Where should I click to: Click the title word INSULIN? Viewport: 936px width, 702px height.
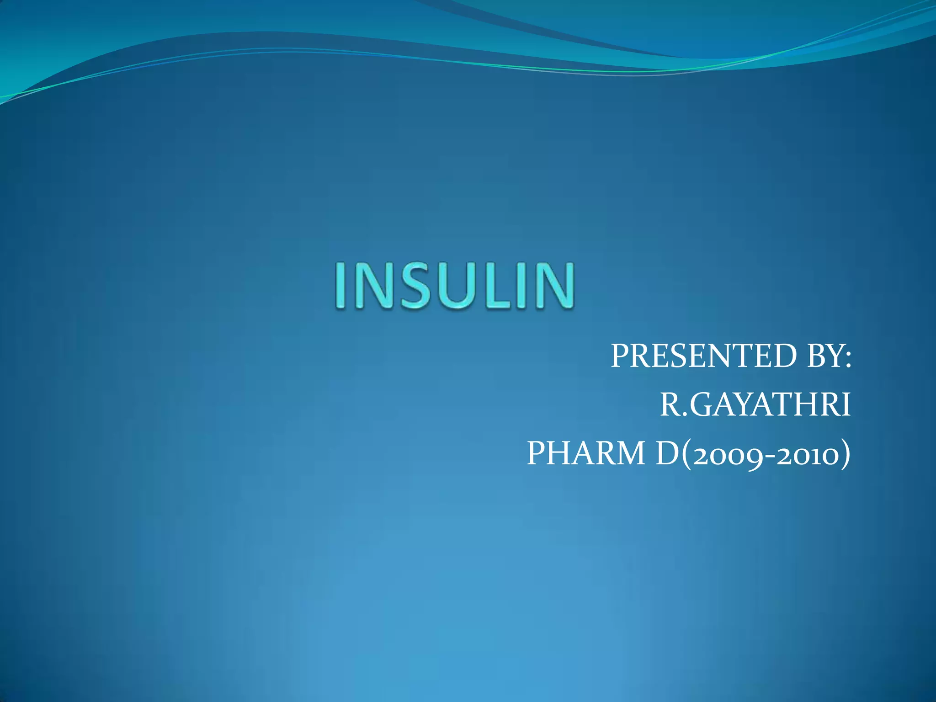(x=454, y=287)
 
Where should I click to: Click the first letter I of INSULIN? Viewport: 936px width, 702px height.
(x=341, y=287)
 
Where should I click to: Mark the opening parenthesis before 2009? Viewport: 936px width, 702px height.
(x=686, y=454)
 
